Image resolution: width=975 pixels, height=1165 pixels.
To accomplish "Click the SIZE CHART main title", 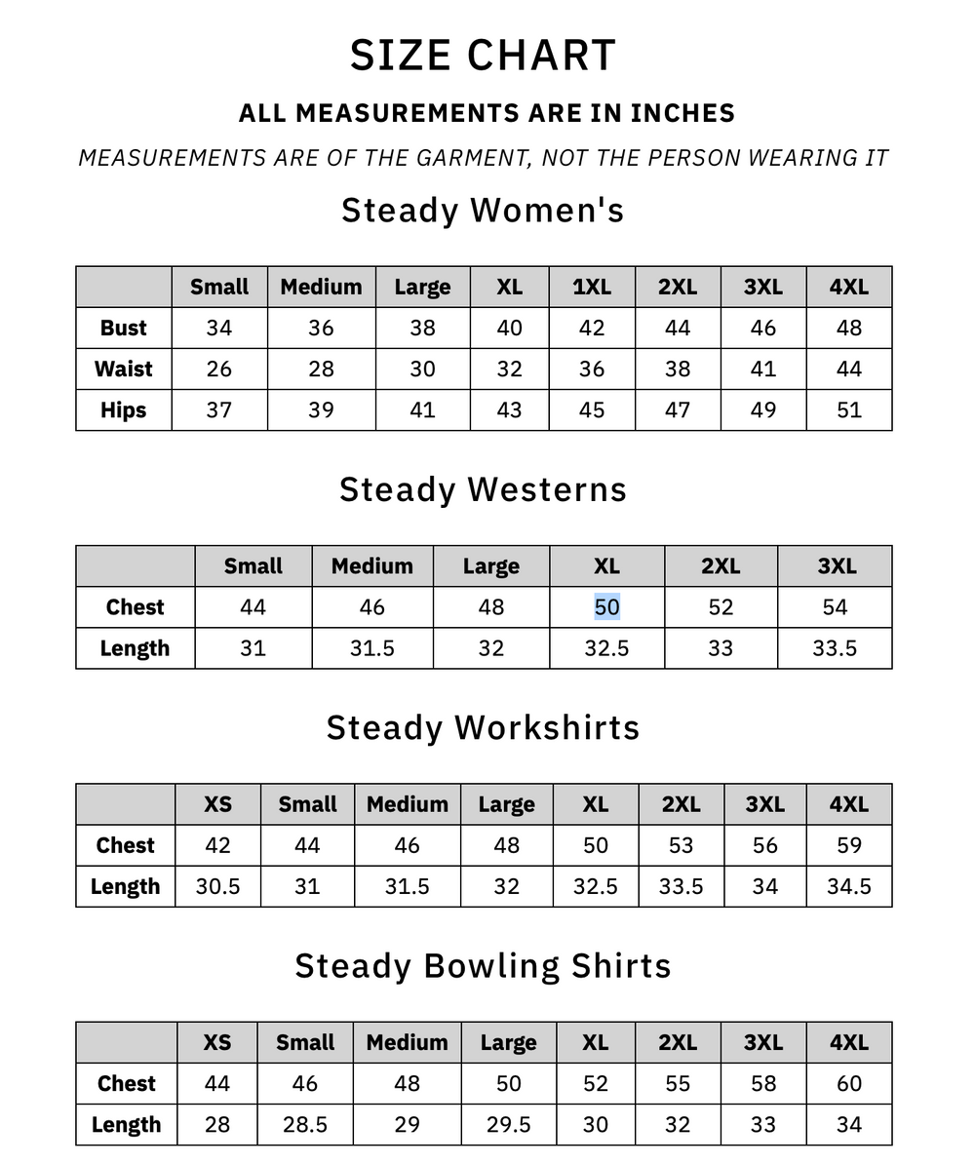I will click(483, 56).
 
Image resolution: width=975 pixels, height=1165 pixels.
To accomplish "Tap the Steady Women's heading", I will click(483, 211).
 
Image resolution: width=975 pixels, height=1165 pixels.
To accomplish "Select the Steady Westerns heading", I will click(483, 489).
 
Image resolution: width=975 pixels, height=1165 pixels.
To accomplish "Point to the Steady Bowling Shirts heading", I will click(483, 966).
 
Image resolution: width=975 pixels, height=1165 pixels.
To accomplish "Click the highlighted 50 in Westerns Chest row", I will click(606, 607).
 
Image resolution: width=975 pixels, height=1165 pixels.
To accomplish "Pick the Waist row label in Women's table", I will click(124, 369).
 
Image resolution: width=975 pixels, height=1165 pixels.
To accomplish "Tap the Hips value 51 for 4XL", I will click(848, 410).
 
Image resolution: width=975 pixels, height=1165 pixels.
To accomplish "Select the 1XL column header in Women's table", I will click(592, 288).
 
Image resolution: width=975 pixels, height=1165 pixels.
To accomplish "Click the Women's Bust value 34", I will click(219, 329).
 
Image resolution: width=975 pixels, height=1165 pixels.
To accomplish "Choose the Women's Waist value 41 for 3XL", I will click(763, 369).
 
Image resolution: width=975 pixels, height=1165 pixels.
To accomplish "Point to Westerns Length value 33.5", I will click(835, 648).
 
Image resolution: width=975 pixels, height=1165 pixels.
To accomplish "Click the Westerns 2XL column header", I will click(721, 566).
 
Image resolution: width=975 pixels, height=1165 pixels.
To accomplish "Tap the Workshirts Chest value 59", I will click(848, 845).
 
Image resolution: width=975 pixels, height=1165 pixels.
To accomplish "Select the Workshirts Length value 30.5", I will click(217, 886).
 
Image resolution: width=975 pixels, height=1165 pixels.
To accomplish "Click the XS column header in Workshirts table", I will click(217, 804).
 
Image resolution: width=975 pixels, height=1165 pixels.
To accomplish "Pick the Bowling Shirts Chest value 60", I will click(848, 1083).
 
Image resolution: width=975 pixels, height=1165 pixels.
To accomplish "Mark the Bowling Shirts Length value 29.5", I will click(508, 1124).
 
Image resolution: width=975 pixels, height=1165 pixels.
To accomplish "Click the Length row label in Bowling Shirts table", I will click(126, 1124).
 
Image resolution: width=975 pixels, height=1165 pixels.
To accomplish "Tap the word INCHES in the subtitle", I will click(682, 113).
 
